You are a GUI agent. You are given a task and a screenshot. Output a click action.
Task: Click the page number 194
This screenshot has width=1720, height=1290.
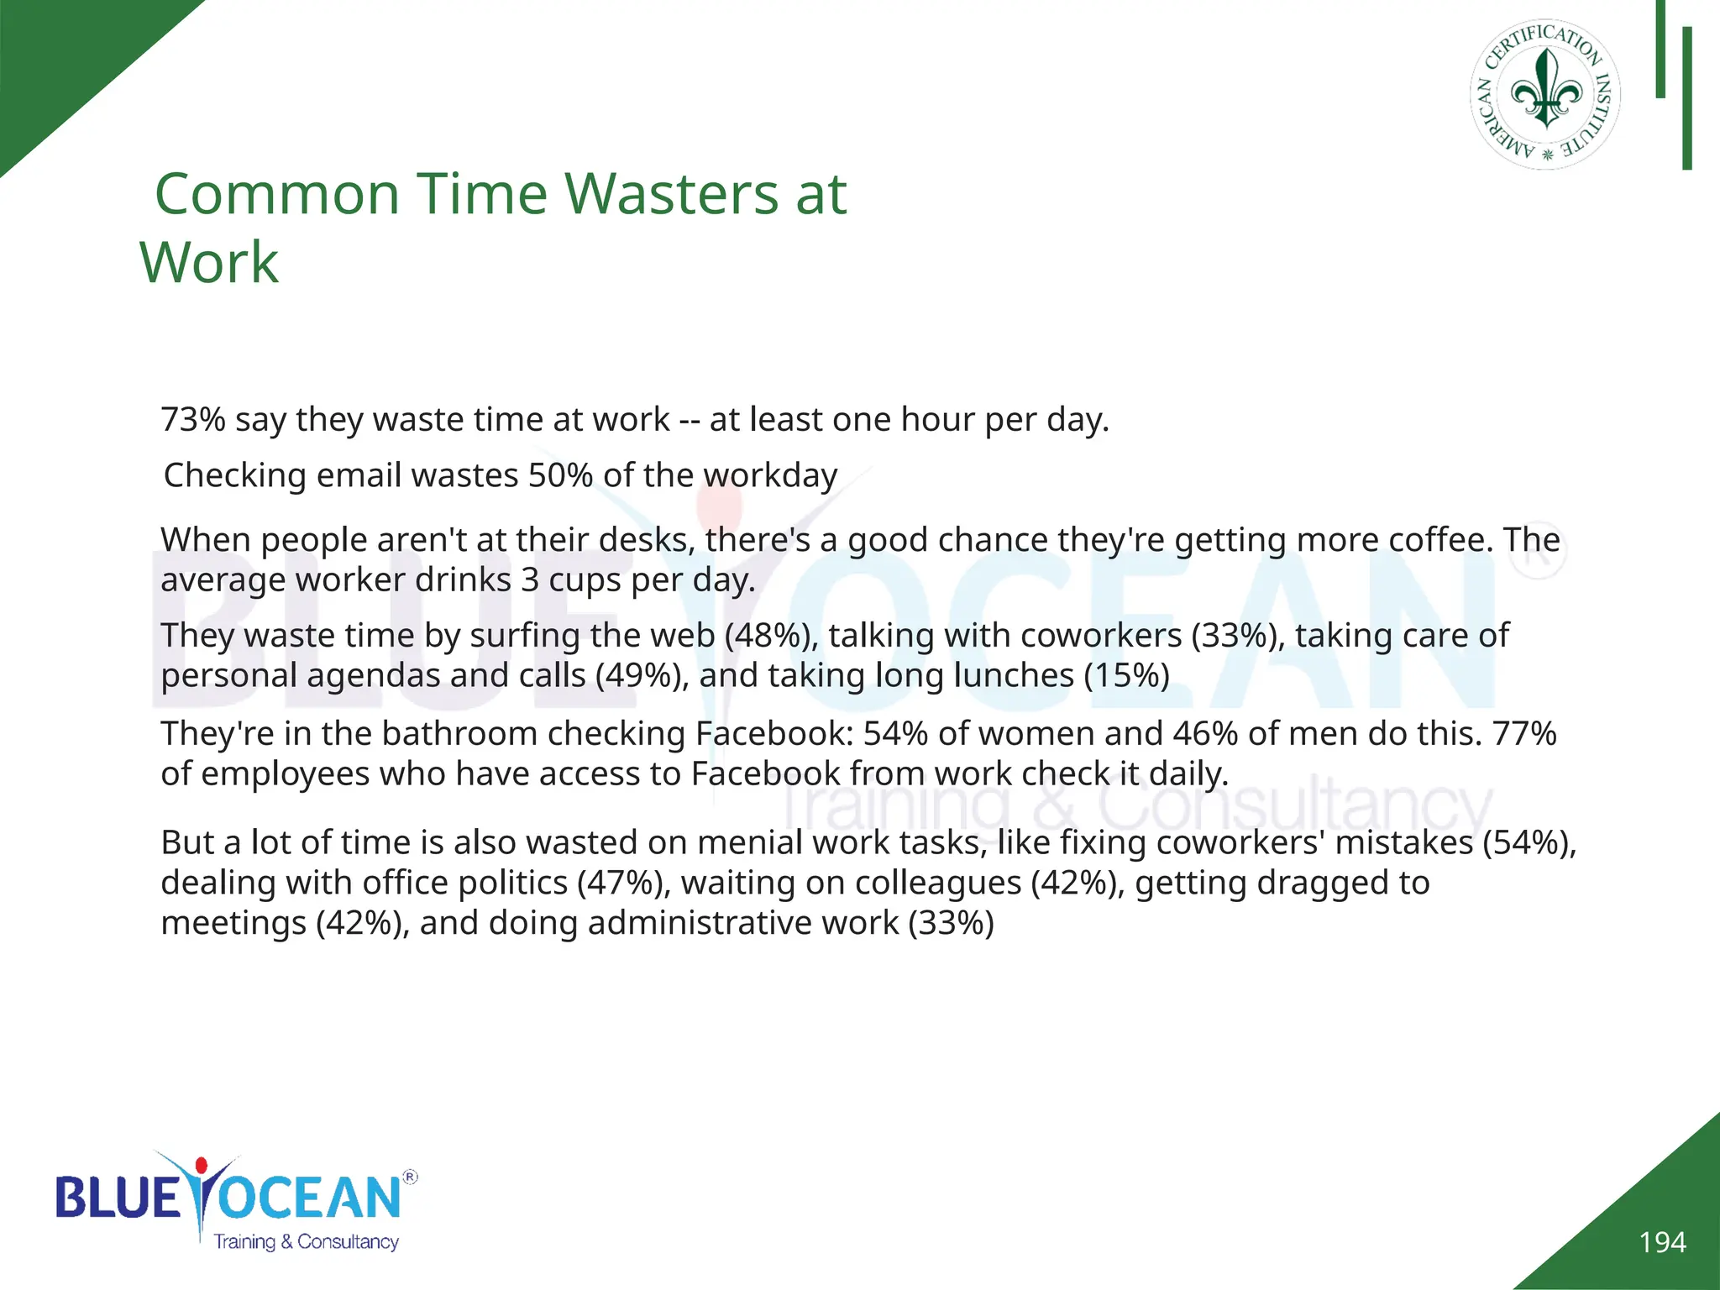pos(1662,1242)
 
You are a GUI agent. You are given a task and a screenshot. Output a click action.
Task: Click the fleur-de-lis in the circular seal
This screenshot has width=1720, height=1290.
pos(1546,92)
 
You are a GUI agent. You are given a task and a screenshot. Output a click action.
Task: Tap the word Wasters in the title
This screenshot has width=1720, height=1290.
pos(671,195)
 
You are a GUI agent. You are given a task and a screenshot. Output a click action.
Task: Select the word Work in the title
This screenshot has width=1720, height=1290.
pos(209,263)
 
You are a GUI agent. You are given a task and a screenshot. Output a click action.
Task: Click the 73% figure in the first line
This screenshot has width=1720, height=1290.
pos(192,419)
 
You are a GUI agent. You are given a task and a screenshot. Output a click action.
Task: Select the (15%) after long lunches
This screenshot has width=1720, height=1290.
pos(1126,675)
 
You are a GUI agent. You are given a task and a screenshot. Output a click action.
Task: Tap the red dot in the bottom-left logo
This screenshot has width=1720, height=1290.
pos(201,1166)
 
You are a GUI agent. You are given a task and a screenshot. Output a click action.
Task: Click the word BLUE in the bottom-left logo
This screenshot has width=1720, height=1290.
pos(118,1198)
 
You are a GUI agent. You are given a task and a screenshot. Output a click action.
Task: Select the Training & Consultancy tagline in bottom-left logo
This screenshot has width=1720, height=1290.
pos(306,1242)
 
